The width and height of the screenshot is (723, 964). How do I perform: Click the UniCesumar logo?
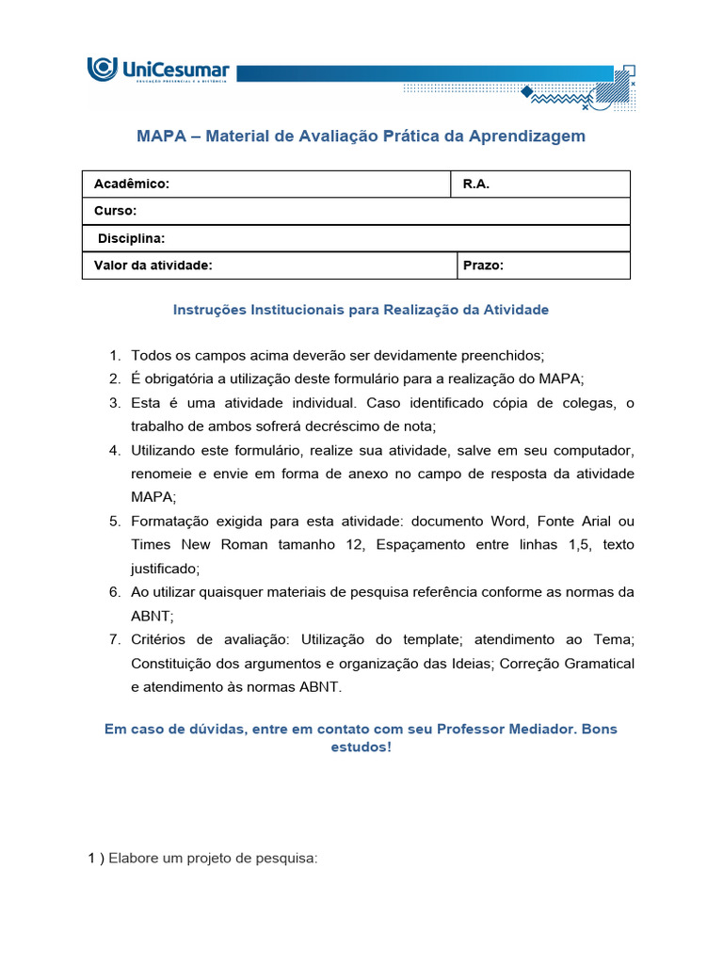(158, 72)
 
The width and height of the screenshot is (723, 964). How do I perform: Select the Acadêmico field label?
(132, 185)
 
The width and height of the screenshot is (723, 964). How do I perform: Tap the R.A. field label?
(476, 185)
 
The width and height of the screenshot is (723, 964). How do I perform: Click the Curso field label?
(116, 211)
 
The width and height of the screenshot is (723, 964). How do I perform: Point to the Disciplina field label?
(132, 238)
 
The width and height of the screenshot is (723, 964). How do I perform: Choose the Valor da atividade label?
(153, 265)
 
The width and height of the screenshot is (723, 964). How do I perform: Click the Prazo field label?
(484, 265)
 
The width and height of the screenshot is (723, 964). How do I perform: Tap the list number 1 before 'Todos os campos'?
(114, 356)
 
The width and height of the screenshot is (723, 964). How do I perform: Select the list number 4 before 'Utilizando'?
(114, 450)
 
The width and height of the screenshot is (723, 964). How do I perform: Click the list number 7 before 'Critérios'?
(114, 640)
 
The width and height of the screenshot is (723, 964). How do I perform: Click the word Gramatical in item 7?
(600, 664)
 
